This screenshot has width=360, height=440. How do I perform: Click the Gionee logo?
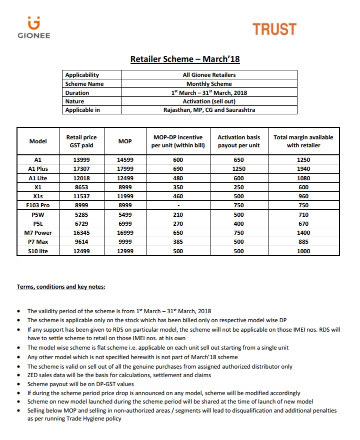click(34, 27)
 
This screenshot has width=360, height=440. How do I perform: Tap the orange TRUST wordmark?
click(274, 29)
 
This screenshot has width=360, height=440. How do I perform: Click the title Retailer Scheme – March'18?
click(185, 59)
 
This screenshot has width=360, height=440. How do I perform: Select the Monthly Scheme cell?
click(209, 84)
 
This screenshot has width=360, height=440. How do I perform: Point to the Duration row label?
click(77, 93)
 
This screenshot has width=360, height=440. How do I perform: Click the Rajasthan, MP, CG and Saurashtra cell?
click(209, 110)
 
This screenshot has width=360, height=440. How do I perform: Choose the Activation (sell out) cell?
click(209, 101)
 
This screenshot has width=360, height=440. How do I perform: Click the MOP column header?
click(125, 141)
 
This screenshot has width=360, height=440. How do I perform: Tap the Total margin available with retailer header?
click(303, 141)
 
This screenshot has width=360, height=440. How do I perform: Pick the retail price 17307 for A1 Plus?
click(81, 169)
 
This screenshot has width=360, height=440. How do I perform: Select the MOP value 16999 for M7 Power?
click(125, 233)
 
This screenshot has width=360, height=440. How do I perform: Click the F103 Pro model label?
click(38, 205)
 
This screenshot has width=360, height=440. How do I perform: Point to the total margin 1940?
click(303, 169)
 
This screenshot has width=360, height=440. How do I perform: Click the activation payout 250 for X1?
click(239, 187)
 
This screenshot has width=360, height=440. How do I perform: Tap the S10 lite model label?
click(38, 251)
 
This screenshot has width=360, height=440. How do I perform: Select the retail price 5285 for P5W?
click(81, 214)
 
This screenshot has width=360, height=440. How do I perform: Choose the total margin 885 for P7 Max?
click(303, 242)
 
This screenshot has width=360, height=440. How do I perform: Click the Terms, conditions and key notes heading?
click(61, 287)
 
